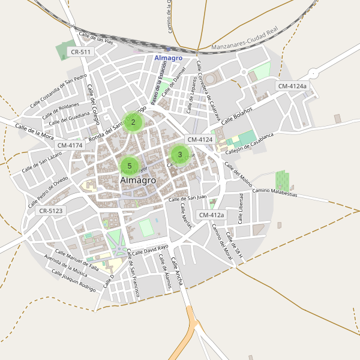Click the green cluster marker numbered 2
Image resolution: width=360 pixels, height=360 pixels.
click(133, 122)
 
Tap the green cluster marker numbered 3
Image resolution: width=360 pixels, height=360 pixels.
click(180, 154)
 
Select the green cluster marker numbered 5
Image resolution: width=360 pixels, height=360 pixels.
click(130, 166)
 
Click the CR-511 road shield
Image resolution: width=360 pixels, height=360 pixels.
click(80, 52)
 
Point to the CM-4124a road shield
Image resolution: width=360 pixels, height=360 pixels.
click(292, 86)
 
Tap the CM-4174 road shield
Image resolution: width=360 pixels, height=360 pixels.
click(70, 145)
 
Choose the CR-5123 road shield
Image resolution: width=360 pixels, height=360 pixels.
click(50, 211)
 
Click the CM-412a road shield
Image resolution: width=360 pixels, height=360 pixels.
click(211, 215)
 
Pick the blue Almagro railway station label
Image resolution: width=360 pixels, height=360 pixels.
click(168, 58)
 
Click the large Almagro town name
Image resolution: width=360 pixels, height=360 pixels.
click(138, 180)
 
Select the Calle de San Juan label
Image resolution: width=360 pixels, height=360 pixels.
click(187, 198)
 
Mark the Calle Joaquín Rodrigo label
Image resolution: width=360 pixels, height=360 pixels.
click(74, 280)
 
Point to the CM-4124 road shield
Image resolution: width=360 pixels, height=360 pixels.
click(200, 140)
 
